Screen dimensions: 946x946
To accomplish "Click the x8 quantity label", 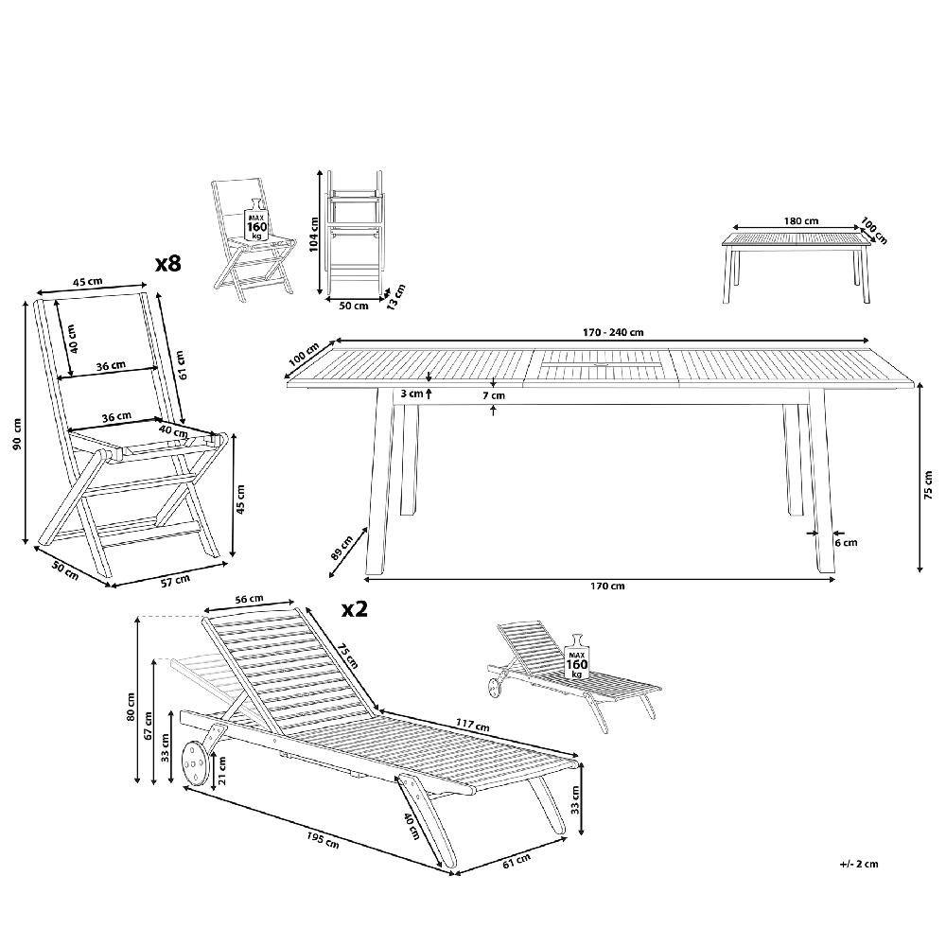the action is (167, 264).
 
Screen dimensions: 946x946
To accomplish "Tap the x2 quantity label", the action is (355, 609).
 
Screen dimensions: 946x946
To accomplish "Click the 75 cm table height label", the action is (929, 485).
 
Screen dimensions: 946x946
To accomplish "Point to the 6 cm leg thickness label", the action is (846, 542).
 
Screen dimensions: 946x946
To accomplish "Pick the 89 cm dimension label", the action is (342, 547).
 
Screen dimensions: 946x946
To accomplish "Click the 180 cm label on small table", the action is (801, 220).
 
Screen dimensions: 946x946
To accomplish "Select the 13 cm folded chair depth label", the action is (395, 297).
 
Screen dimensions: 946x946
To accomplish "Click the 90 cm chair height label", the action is (17, 434).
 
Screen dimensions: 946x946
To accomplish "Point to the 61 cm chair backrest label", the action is (182, 364).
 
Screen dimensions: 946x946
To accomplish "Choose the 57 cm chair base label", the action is (176, 581).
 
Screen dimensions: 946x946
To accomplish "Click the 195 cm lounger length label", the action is (323, 839).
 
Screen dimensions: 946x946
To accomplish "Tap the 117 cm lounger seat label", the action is (472, 725).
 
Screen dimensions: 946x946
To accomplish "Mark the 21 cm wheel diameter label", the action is (222, 770).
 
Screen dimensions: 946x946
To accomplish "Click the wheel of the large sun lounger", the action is (193, 763).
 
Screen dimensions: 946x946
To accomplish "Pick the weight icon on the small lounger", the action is (577, 657).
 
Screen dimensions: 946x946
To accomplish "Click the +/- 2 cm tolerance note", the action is (859, 864).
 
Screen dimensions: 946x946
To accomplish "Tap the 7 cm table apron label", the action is (494, 395).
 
